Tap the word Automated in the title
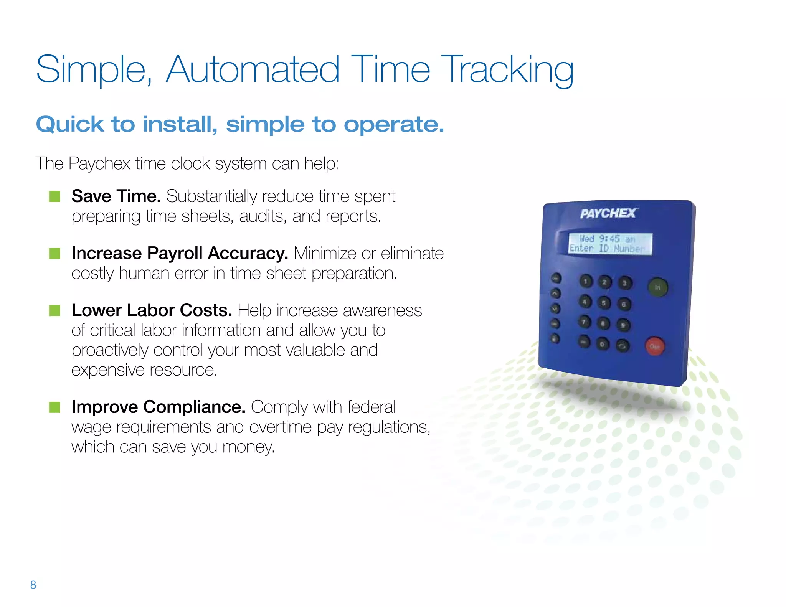[253, 70]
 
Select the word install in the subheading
[180, 125]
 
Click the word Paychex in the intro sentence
[99, 164]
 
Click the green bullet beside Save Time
[54, 196]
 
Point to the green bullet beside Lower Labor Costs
[54, 310]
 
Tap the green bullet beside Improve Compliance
[54, 407]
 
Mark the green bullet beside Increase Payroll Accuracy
[54, 254]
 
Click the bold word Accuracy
[248, 254]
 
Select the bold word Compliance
[194, 407]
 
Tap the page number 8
[33, 585]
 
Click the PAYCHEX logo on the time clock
[608, 213]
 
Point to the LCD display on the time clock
[610, 244]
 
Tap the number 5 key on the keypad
[604, 303]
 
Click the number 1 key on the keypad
[586, 282]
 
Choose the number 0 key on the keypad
[602, 344]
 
